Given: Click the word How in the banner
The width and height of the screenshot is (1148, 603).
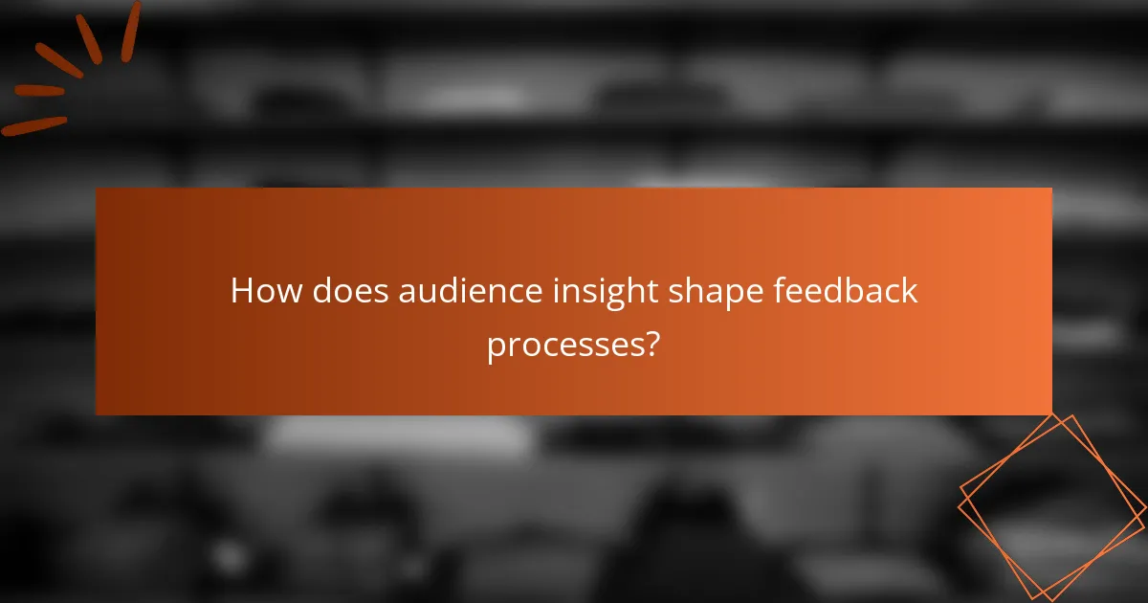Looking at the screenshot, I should (261, 291).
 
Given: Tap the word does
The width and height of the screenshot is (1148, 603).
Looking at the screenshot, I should (342, 291).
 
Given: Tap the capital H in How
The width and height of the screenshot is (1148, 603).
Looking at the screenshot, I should (242, 291).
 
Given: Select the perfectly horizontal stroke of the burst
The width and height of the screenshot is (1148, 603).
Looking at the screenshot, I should (38, 91).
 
